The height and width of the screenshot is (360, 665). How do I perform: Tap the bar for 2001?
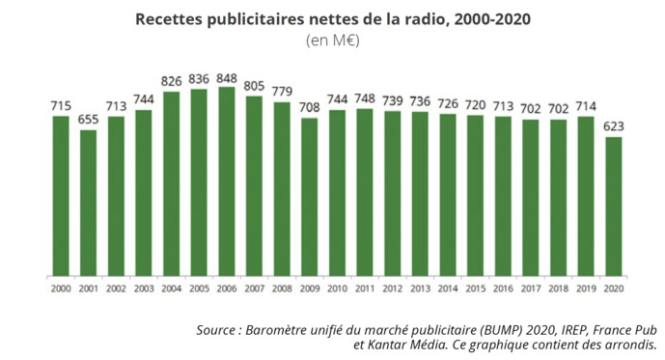click(89, 202)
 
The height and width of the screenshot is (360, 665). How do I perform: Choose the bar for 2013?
click(420, 193)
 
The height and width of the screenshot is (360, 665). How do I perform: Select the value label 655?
click(89, 119)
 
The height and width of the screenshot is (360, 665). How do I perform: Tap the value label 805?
click(255, 86)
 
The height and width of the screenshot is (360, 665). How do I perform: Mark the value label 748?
click(365, 98)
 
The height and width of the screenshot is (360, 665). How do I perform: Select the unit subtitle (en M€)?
click(332, 41)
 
